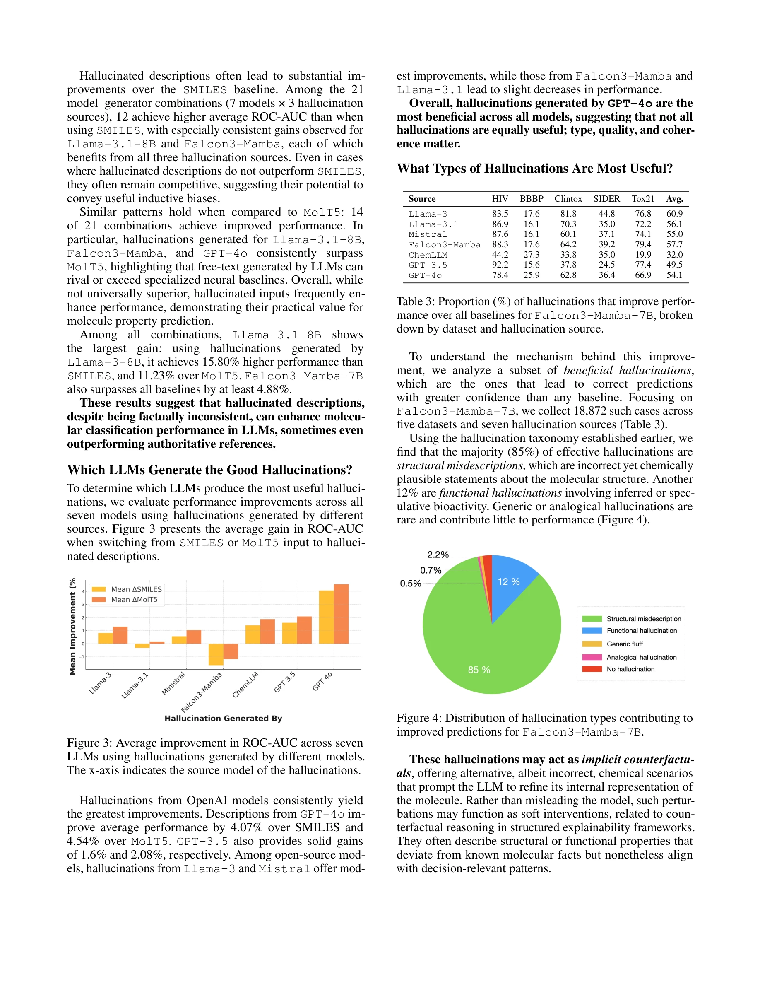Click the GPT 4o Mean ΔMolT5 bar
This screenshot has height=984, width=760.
[x=341, y=614]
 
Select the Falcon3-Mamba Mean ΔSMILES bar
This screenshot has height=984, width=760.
[x=216, y=654]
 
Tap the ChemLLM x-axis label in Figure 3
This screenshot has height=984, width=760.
[x=245, y=685]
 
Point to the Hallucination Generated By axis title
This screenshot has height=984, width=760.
[x=223, y=718]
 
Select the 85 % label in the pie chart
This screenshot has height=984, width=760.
[x=479, y=670]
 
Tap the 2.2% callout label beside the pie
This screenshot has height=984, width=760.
[x=438, y=555]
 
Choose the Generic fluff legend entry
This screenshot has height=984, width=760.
[x=625, y=644]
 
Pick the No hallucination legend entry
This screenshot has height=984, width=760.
[x=630, y=669]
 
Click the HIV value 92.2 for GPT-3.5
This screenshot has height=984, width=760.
[x=500, y=265]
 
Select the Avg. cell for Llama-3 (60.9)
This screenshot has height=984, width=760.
[x=674, y=214]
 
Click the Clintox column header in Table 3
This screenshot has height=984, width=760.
[x=568, y=199]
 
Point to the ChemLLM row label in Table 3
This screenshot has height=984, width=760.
[x=428, y=255]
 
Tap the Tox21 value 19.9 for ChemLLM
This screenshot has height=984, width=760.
[x=643, y=255]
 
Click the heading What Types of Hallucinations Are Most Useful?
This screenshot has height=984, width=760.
[x=534, y=169]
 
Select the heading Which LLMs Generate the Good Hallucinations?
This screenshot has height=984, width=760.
[x=209, y=470]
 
